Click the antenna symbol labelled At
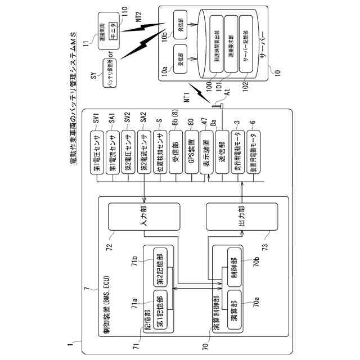point(217,103)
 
